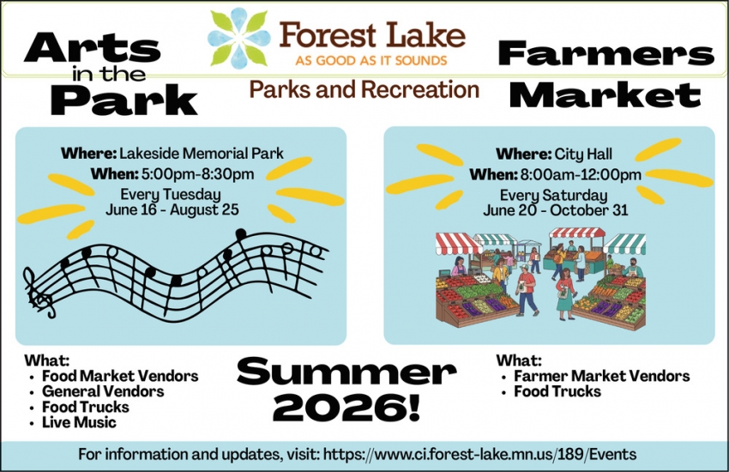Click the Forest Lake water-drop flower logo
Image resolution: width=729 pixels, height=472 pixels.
click(238, 39)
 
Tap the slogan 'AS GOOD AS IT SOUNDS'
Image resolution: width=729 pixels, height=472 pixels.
click(371, 61)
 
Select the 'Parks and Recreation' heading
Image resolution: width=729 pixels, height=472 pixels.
click(364, 89)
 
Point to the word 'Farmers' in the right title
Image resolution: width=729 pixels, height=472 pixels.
click(605, 55)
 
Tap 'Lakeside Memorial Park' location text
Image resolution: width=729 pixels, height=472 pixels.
click(201, 154)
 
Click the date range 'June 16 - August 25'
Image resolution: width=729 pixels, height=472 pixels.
click(172, 209)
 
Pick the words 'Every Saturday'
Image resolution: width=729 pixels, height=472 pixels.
click(553, 195)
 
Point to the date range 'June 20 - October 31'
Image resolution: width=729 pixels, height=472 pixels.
click(555, 210)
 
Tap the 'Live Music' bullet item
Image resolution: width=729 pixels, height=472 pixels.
click(79, 422)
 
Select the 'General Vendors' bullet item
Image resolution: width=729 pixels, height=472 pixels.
click(103, 391)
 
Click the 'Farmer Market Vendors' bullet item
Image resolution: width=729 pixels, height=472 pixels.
click(601, 376)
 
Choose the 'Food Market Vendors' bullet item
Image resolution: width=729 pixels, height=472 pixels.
click(120, 376)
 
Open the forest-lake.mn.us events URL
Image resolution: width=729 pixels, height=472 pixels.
click(479, 453)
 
